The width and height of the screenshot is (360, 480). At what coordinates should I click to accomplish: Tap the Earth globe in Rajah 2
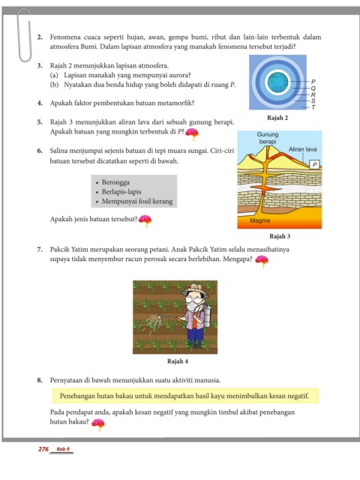[x=277, y=82]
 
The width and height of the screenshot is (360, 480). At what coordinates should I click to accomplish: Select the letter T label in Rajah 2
[x=313, y=107]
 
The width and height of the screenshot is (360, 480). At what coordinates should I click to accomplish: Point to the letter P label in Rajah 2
[x=313, y=82]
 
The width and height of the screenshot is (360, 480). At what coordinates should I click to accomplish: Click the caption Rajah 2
[x=277, y=118]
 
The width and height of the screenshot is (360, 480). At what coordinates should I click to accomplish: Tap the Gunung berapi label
[x=268, y=138]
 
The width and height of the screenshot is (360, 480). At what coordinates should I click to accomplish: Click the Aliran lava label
[x=302, y=149]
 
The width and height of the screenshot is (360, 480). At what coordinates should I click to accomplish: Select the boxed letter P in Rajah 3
[x=314, y=165]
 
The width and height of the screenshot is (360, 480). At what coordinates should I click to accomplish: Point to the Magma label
[x=259, y=220]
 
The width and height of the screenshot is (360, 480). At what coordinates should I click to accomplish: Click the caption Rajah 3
[x=280, y=236]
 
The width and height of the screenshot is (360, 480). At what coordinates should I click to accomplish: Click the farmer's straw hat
[x=195, y=290]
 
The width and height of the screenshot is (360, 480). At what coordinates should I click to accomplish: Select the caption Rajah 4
[x=178, y=361]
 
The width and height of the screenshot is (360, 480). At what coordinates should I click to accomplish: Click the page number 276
[x=43, y=449]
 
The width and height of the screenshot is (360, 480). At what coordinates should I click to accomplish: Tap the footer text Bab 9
[x=63, y=449]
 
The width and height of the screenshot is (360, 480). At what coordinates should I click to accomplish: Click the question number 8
[x=40, y=380]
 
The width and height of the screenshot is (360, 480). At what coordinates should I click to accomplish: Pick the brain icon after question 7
[x=262, y=261]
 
